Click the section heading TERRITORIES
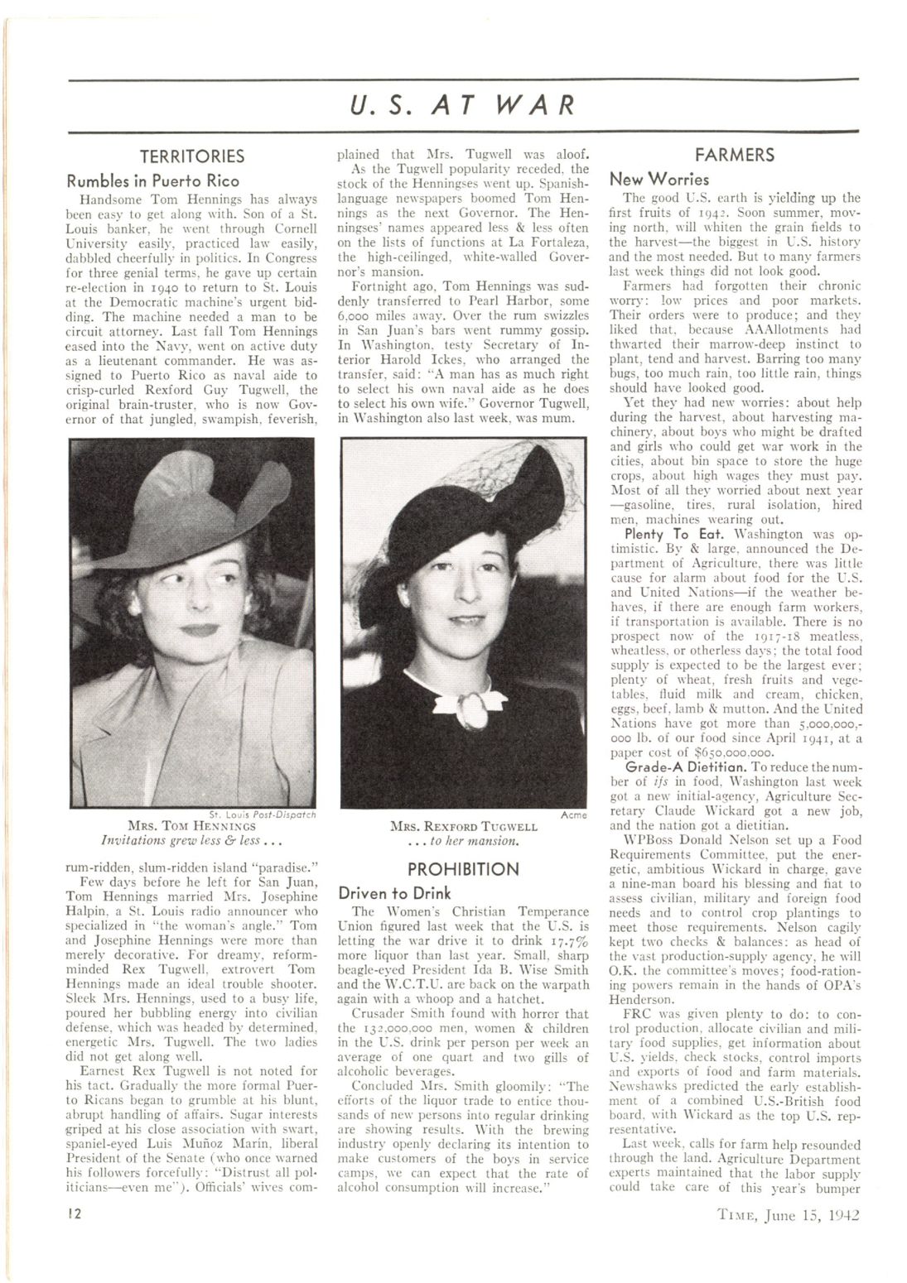click(x=191, y=156)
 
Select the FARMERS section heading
click(x=735, y=155)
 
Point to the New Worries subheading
click(x=659, y=179)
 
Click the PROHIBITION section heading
click(x=464, y=869)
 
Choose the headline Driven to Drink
click(x=395, y=893)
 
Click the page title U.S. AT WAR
click(x=462, y=106)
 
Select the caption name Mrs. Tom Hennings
click(x=192, y=825)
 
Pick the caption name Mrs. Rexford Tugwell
click(x=464, y=826)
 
